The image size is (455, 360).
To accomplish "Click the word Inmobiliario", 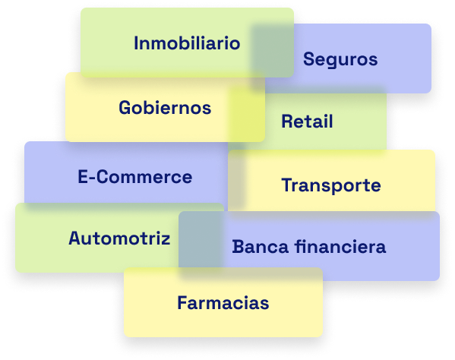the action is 187,43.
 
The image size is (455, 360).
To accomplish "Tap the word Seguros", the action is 340,60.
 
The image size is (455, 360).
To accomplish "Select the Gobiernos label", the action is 165,108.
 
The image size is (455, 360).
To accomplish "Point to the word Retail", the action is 307,122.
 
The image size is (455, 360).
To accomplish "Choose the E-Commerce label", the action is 135,177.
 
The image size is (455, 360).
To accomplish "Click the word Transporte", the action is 331,185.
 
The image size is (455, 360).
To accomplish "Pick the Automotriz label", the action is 119,238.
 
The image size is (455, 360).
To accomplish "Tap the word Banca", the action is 261,247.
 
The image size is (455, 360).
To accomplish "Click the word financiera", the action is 340,247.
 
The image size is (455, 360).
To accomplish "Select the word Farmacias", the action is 223,303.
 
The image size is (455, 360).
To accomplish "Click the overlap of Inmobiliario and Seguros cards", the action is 272,51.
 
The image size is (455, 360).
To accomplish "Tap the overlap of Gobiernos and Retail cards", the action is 246,114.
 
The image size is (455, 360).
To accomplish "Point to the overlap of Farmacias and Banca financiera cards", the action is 251,274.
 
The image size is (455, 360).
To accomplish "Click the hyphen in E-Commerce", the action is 92,178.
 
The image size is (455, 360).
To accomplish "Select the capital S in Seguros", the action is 308,59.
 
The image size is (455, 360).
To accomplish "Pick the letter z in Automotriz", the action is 165,241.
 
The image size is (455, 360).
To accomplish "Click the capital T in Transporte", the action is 288,185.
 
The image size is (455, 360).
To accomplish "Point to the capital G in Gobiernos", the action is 125,108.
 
